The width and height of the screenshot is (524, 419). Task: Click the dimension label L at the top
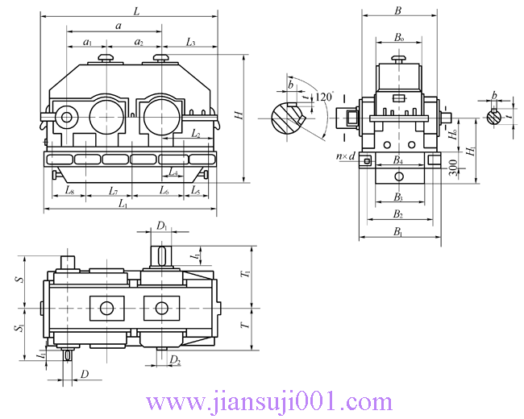click(135, 11)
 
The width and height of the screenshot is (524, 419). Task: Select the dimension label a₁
click(88, 41)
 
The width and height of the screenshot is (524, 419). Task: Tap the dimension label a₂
click(139, 41)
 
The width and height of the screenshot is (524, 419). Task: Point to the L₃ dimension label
click(190, 41)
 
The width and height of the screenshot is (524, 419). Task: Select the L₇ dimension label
click(114, 191)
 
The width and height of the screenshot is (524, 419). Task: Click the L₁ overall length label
click(123, 205)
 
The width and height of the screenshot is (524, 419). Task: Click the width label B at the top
click(397, 10)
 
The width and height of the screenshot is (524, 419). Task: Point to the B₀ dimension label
click(398, 37)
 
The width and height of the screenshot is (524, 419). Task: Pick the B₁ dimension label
click(397, 232)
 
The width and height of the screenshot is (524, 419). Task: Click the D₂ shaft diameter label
click(175, 360)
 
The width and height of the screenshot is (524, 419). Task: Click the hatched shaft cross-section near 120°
click(285, 117)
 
